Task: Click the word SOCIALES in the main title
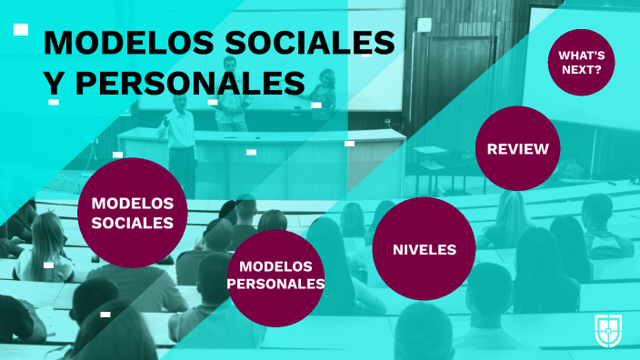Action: pos(324,44)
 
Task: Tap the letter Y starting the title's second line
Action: pos(55,83)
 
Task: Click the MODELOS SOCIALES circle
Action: pos(133,213)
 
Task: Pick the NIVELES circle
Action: pos(425,248)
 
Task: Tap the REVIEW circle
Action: pos(517,148)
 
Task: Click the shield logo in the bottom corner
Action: pos(608,329)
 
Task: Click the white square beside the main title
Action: pos(21,30)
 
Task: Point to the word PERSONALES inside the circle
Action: pos(275,284)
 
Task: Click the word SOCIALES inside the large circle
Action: pos(133,222)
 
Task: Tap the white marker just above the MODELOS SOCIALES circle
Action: pos(118,155)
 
